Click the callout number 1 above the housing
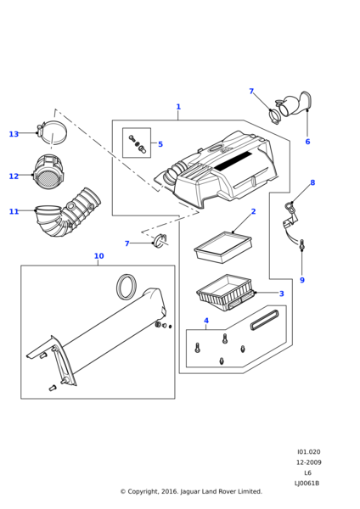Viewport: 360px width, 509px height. [x=178, y=107]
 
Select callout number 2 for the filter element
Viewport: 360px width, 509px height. [x=253, y=211]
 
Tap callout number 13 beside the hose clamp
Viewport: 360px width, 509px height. [x=14, y=134]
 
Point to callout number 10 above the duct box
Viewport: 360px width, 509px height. [x=98, y=256]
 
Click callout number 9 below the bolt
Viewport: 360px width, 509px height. [x=302, y=280]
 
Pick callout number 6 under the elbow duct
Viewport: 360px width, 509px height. [x=307, y=142]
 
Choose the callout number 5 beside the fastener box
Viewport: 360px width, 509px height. [x=160, y=144]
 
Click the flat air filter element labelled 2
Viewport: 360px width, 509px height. [x=223, y=247]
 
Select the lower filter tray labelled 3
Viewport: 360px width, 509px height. [x=225, y=293]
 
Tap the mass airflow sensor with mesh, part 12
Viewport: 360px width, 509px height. [x=49, y=172]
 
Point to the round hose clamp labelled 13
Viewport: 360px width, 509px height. [x=53, y=133]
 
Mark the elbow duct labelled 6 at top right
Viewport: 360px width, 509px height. [x=295, y=105]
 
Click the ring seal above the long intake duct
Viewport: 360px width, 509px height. [x=127, y=287]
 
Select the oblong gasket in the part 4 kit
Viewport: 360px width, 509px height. [x=264, y=320]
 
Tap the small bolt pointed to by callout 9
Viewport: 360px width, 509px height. [x=302, y=245]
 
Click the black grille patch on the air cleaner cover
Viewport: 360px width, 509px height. [x=233, y=160]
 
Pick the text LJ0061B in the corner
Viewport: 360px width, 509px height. [x=307, y=483]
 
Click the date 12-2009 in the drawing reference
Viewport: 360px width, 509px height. [x=308, y=462]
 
